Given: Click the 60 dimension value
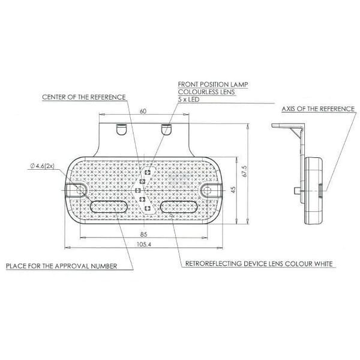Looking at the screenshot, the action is click(x=143, y=111).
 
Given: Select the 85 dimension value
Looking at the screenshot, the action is click(x=143, y=234).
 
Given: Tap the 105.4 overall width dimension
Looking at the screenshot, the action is click(x=144, y=244).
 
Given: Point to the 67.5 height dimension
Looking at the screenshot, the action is click(x=245, y=171).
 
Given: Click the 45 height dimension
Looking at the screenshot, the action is click(x=233, y=190).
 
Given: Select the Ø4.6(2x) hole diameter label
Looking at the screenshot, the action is click(x=42, y=166).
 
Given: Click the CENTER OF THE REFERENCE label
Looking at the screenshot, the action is click(x=84, y=97).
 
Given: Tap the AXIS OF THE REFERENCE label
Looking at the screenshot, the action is click(x=318, y=109).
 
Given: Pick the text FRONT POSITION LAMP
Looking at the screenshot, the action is click(x=213, y=85).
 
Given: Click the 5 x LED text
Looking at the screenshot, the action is click(x=188, y=100).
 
